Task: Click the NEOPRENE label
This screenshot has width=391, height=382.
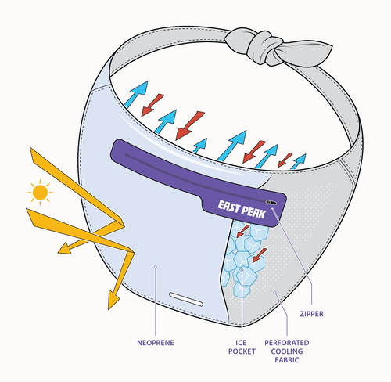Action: [x=156, y=343]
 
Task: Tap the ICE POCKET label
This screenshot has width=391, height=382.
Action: [x=242, y=347]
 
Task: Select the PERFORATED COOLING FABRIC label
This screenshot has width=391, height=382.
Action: [x=287, y=351]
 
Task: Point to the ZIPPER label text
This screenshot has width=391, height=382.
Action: [x=311, y=314]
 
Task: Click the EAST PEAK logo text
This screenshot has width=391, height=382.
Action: [x=242, y=210]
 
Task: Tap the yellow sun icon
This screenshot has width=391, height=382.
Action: [x=40, y=193]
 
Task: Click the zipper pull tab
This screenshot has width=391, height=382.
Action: [x=271, y=202]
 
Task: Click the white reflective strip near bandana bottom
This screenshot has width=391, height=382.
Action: [x=186, y=299]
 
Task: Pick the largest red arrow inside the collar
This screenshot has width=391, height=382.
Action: [x=190, y=125]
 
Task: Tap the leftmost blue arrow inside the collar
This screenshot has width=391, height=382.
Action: [x=137, y=94]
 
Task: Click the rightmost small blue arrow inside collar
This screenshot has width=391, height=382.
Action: [x=298, y=161]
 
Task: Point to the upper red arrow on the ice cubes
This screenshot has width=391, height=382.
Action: [x=243, y=231]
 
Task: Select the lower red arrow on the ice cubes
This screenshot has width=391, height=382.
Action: [x=260, y=255]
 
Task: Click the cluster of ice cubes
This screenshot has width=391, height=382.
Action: [x=242, y=258]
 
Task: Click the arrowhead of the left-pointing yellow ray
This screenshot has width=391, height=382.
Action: [x=65, y=248]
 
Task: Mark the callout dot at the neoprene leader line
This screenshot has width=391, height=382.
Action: [x=156, y=267]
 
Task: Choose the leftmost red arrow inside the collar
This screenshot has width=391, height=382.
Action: [x=152, y=105]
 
